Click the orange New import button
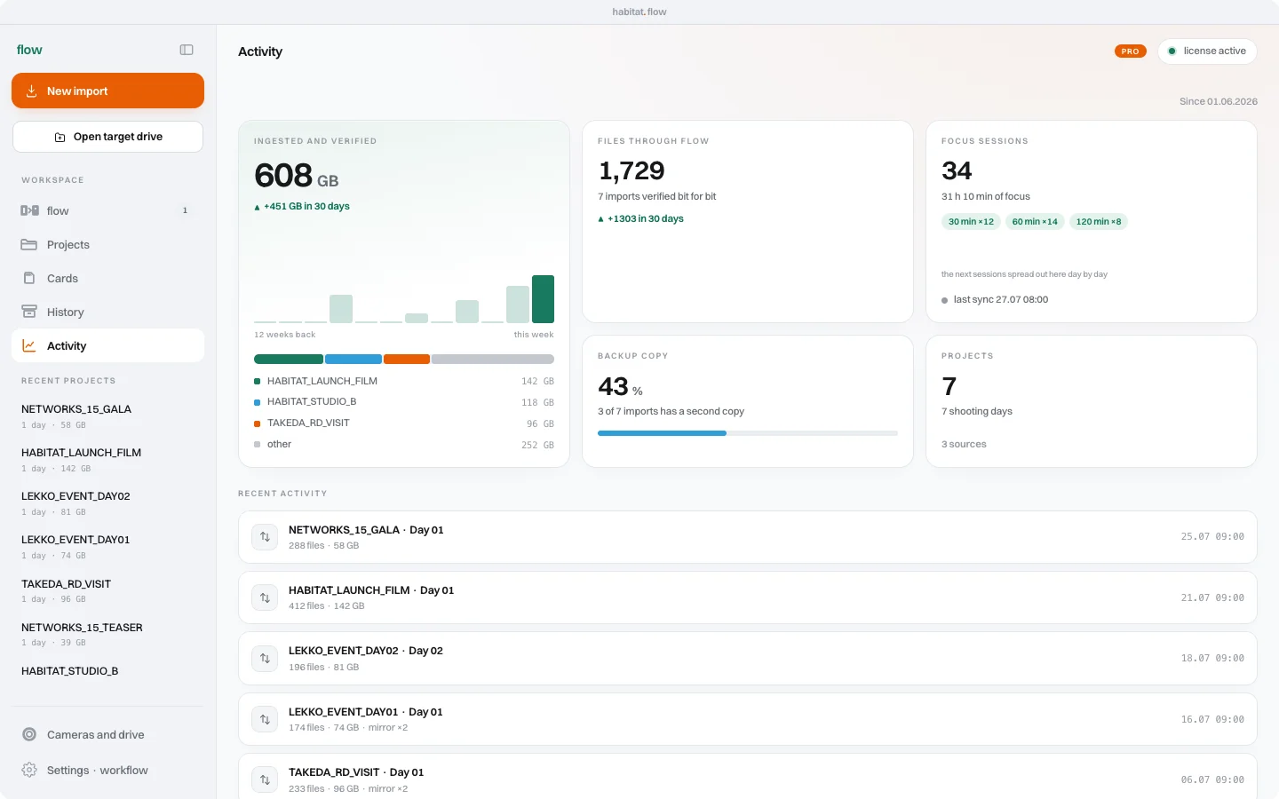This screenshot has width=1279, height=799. pos(108,91)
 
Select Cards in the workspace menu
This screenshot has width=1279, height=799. pos(62,278)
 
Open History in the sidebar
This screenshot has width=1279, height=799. pos(65,312)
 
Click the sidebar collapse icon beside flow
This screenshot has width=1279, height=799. pos(187,50)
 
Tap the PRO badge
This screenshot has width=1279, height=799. pos(1130,51)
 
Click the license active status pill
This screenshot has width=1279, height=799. pos(1207,51)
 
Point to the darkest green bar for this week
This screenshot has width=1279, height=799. pos(543,299)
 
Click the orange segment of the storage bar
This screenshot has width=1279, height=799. pos(407,359)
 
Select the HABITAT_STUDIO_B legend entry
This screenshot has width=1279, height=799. pos(312,402)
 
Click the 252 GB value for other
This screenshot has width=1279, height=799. pos(537,445)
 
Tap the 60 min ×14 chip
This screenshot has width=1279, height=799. pos(1035,221)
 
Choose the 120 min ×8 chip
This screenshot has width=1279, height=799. pos(1098,221)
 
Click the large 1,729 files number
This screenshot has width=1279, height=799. pos(632,170)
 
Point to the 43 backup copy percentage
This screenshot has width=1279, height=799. pos(613,386)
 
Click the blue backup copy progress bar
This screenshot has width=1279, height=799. pos(662,433)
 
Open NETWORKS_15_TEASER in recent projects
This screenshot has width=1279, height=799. pos(82,627)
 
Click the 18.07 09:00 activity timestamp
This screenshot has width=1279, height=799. pos(1212,658)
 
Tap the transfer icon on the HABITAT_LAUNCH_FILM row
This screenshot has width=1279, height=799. pos(265,597)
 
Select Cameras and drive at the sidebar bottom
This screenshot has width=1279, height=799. pos(95,734)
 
